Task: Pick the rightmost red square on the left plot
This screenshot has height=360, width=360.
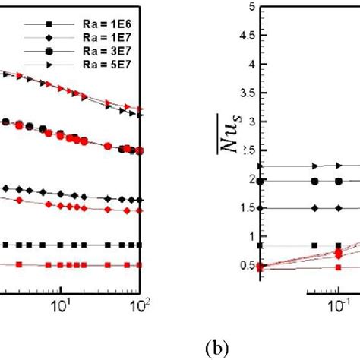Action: click(x=139, y=265)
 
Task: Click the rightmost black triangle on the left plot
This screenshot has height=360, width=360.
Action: click(x=139, y=114)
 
